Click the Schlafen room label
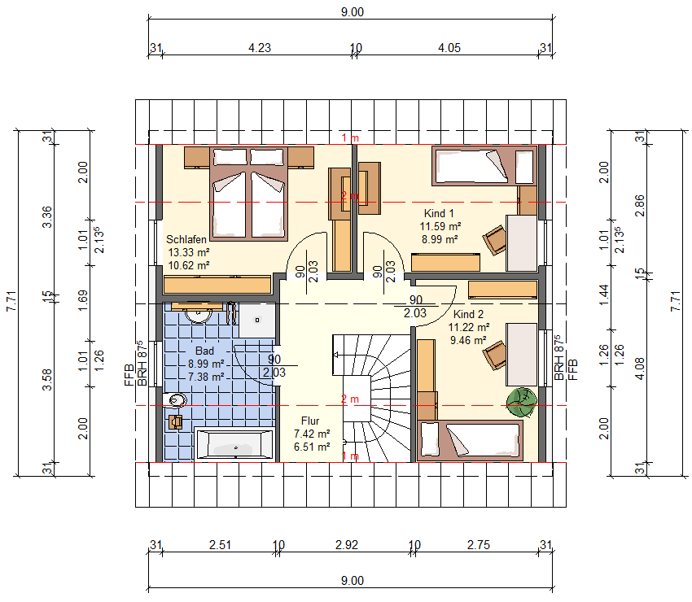(x=186, y=239)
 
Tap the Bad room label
(x=204, y=351)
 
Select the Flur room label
(x=310, y=421)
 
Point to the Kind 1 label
(x=439, y=213)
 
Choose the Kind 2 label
(x=468, y=315)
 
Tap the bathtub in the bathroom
(x=234, y=443)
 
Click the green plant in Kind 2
(x=522, y=402)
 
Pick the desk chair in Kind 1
(x=495, y=239)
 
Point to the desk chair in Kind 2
(x=495, y=355)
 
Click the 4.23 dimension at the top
(x=260, y=48)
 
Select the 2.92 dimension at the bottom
(x=347, y=545)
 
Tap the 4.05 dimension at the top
(x=449, y=48)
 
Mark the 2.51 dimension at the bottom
(x=221, y=545)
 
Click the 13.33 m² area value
(x=189, y=253)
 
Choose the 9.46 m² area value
(x=468, y=341)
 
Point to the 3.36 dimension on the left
(x=46, y=217)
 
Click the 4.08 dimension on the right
(x=639, y=369)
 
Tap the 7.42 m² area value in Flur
(x=312, y=434)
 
